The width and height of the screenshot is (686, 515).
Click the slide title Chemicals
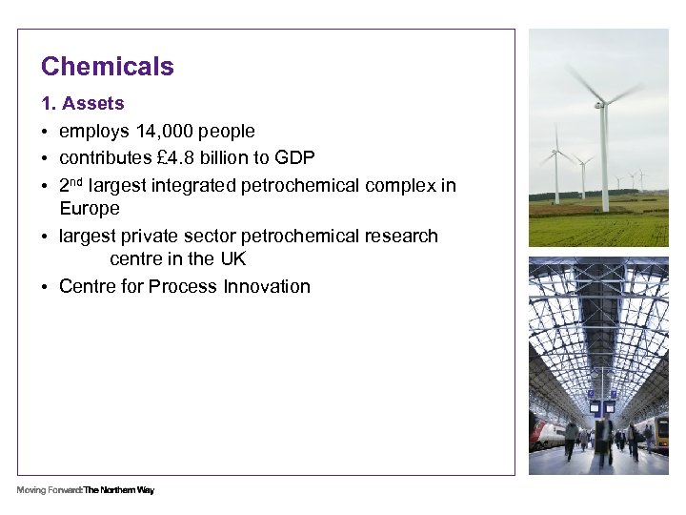point(108,67)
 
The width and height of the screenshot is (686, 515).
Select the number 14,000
point(168,131)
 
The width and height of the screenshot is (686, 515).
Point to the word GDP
point(295,157)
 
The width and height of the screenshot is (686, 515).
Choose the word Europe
point(90,208)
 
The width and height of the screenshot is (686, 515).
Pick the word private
point(151,236)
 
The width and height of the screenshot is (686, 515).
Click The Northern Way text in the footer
point(119,490)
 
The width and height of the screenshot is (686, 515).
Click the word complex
point(400,184)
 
